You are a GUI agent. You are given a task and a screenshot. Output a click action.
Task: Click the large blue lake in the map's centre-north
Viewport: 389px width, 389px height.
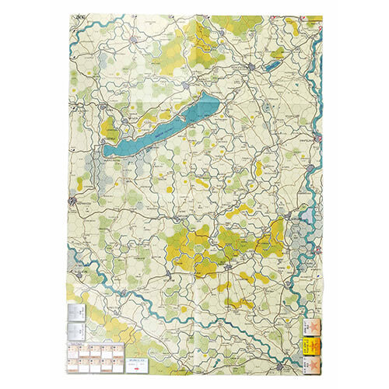pos(159,128)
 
